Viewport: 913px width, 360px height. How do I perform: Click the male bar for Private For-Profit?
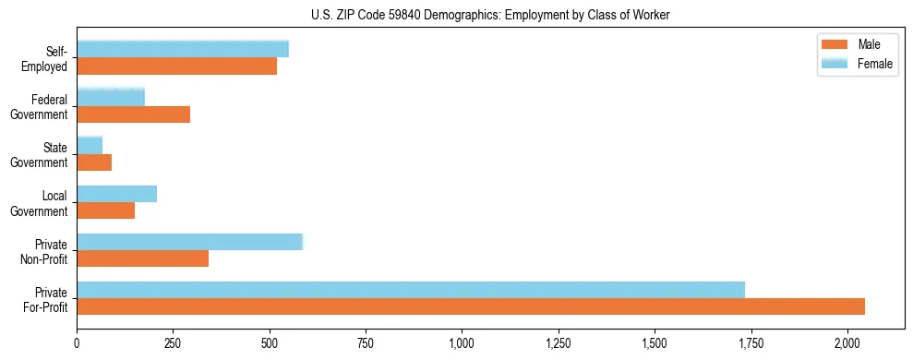pos(471,306)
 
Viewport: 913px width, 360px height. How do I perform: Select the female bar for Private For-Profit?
pos(411,289)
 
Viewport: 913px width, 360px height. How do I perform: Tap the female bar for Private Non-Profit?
pos(189,242)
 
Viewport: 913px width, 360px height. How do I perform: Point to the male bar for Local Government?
pos(105,210)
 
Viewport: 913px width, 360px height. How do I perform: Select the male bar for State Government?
pos(94,162)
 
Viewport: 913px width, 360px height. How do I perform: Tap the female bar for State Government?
pos(90,145)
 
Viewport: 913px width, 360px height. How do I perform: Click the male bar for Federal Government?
pos(133,114)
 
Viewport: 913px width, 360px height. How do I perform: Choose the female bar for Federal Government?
pos(111,97)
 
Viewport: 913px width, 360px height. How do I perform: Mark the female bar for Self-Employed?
pos(183,49)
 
